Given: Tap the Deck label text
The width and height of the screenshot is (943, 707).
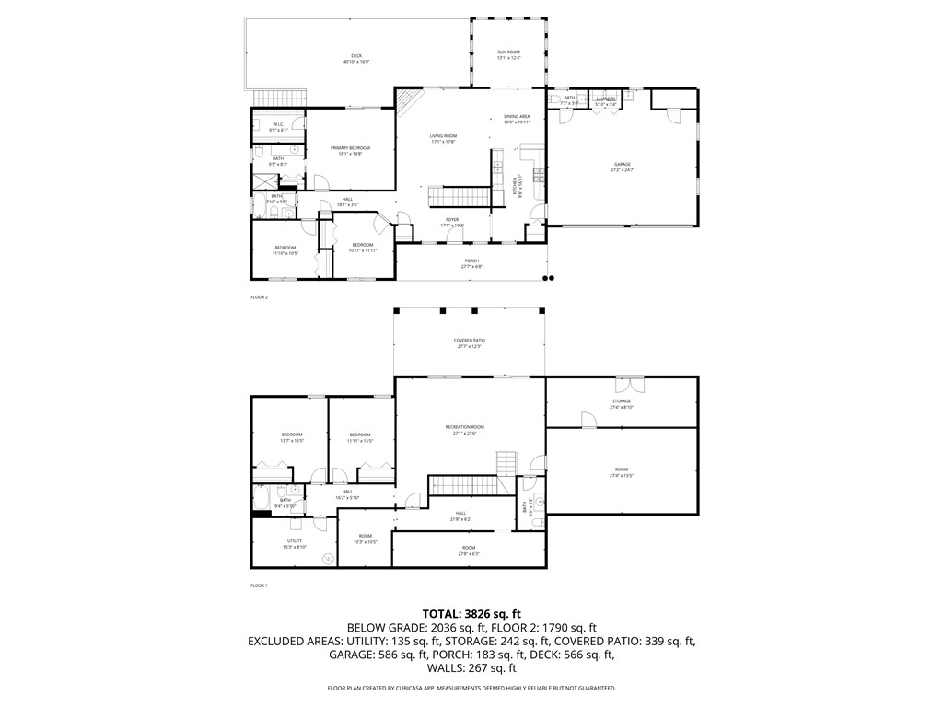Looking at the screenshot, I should pos(356,58).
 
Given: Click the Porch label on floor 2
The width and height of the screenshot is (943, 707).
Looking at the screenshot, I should pos(471,263).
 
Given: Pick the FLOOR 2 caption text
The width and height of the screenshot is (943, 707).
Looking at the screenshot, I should pos(259,297).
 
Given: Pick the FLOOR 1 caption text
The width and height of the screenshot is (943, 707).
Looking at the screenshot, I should pos(259,585).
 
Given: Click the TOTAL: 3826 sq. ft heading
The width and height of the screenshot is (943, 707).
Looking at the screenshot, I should pos(471,613).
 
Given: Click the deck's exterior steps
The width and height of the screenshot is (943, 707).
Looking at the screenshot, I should pos(279,98).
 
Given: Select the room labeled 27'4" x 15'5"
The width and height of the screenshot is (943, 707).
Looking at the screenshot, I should pos(622,474).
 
